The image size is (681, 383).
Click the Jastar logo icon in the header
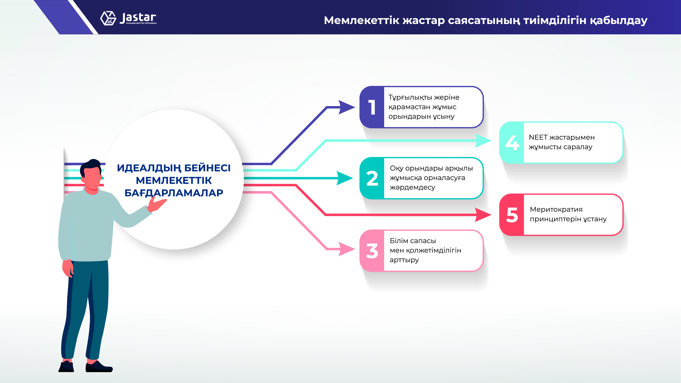point(108,18)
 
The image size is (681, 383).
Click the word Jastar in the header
point(138,18)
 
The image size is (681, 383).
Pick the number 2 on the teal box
point(372,178)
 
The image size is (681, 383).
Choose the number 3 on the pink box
point(372,251)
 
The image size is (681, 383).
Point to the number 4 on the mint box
point(512,143)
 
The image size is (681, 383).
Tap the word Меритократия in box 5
point(556,210)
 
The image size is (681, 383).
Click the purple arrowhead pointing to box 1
point(347,107)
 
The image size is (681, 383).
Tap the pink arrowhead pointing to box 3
point(347,249)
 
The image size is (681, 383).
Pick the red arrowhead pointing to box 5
point(483,215)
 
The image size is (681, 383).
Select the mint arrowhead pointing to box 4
point(483,141)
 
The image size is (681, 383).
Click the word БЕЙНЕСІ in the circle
point(207,168)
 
